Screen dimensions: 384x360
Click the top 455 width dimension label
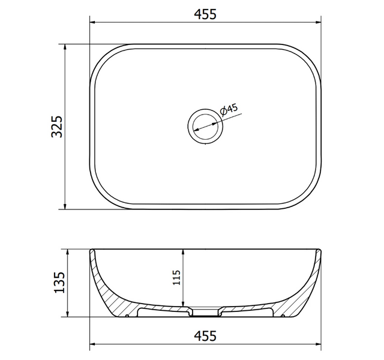[205, 14]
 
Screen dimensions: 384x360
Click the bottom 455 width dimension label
[205, 336]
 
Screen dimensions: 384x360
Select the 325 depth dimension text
[57, 127]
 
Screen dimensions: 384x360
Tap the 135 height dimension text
[59, 283]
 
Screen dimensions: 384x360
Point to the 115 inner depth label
[176, 277]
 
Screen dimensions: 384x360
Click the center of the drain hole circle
[205, 126]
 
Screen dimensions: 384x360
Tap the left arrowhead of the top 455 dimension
[92, 23]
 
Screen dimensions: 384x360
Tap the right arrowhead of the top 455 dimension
[319, 23]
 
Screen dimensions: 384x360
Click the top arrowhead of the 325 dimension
[65, 47]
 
